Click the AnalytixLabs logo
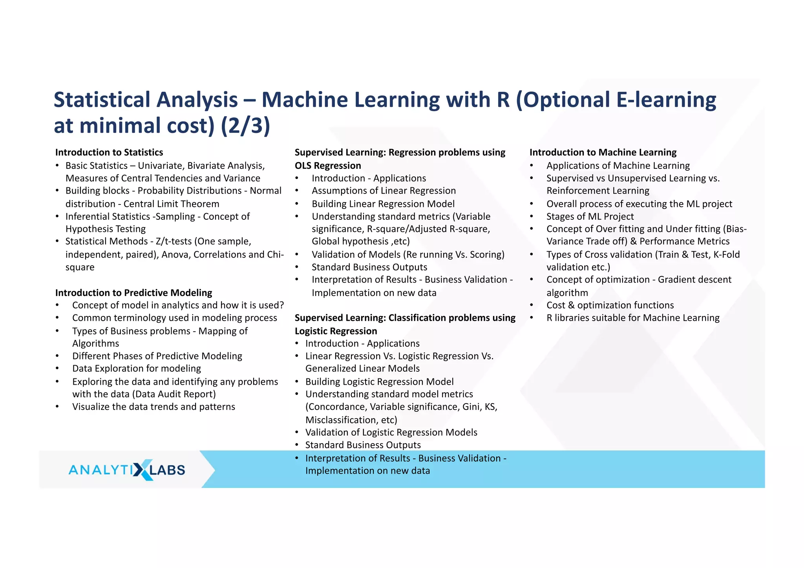[x=126, y=469]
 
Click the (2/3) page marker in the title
[x=245, y=126]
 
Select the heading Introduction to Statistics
[x=109, y=152]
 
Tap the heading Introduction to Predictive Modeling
[x=133, y=293]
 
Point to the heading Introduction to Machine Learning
[x=603, y=152]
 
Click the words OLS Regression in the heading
[x=328, y=166]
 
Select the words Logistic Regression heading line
[x=336, y=331]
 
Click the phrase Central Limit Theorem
[x=171, y=204]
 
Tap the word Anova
[x=175, y=255]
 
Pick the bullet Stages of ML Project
[x=590, y=216]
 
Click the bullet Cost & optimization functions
[x=610, y=305]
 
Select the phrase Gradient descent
[x=694, y=279]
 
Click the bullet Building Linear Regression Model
[x=383, y=204]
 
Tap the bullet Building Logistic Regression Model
[x=379, y=382]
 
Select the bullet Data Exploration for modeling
[x=136, y=369]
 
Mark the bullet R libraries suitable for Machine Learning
[x=632, y=318]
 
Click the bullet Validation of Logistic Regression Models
[x=391, y=433]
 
